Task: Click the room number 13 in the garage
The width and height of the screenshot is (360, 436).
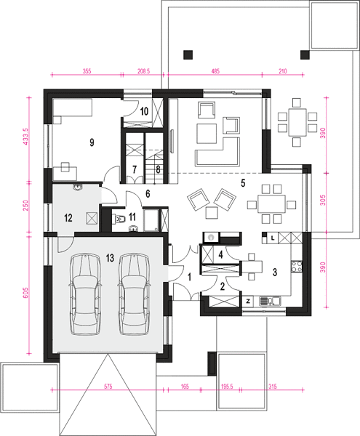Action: (110, 258)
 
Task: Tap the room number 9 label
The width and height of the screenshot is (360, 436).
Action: (92, 142)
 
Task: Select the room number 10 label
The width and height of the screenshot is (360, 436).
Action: (144, 111)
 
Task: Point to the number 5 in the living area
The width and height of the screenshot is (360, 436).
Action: (243, 183)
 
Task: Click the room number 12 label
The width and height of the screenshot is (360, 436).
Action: (68, 218)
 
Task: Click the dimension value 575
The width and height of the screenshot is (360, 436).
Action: (108, 387)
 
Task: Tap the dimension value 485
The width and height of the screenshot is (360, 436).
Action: (215, 71)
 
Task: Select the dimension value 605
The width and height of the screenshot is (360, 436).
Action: (25, 293)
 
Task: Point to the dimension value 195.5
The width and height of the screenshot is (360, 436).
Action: (227, 387)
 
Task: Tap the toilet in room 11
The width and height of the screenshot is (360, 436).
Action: (119, 219)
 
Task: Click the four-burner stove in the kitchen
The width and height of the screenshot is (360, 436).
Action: (297, 266)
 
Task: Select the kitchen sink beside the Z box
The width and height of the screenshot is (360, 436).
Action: (270, 301)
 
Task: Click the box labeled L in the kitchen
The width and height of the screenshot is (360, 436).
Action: (273, 238)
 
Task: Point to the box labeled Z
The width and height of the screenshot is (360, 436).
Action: (248, 302)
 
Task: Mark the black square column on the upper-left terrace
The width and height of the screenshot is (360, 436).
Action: (188, 54)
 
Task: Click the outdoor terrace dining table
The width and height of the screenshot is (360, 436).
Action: (297, 122)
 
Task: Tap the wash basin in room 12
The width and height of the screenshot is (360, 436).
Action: (77, 187)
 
